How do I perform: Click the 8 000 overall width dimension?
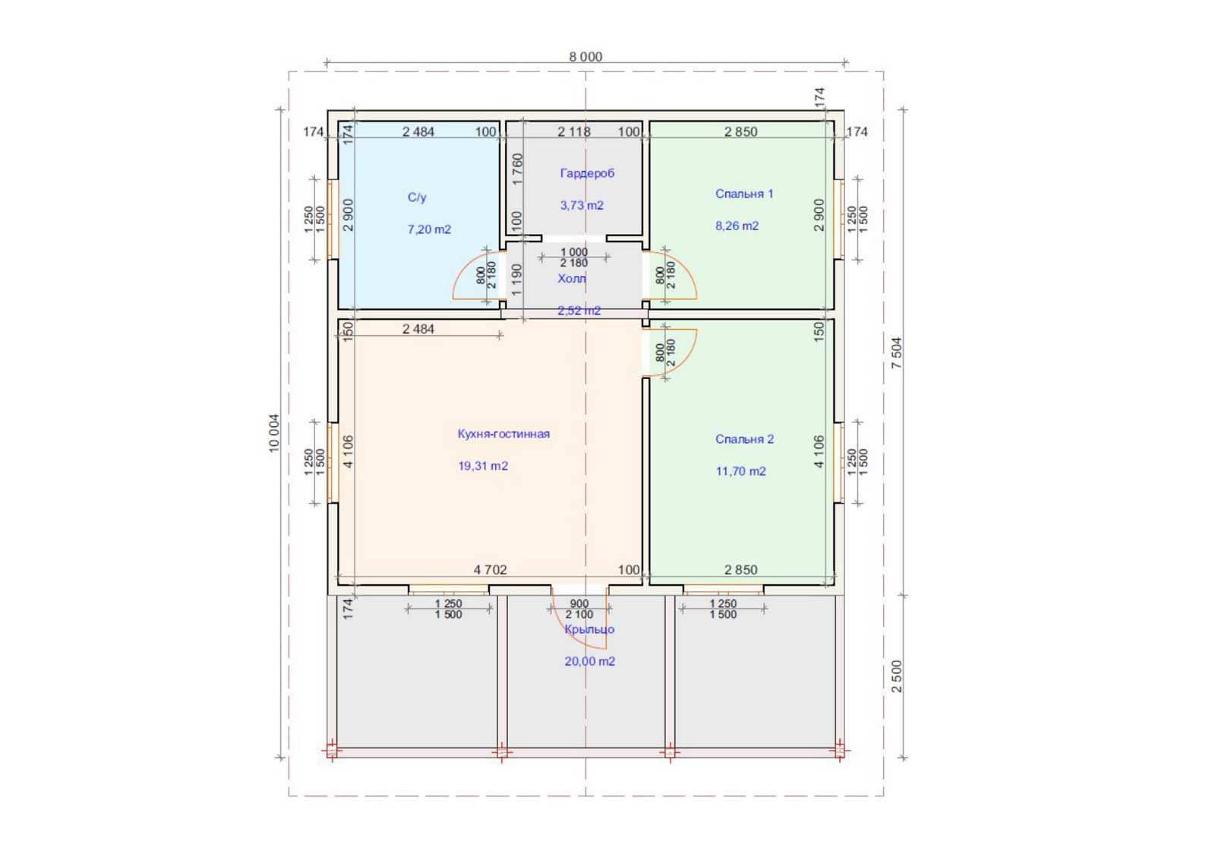coord(585,56)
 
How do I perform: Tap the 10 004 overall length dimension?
coord(273,433)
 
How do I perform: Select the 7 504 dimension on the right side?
coord(897,353)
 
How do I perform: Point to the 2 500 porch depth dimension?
coord(897,676)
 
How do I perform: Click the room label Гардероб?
coord(587,173)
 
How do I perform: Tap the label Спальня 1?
coord(744,194)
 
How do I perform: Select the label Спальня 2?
coord(744,439)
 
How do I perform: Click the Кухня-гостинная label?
coord(503,434)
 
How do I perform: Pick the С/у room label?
coord(417,198)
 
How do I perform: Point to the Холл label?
coord(572,279)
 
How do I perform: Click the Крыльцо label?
coord(589,629)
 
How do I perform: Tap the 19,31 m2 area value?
coord(483,466)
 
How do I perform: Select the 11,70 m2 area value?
coord(740,471)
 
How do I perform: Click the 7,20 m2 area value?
coord(429,229)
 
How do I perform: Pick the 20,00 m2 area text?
coord(589,662)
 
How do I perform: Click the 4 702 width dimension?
coord(490,570)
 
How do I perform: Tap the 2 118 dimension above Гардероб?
coord(574,131)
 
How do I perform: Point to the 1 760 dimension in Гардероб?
coord(517,169)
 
